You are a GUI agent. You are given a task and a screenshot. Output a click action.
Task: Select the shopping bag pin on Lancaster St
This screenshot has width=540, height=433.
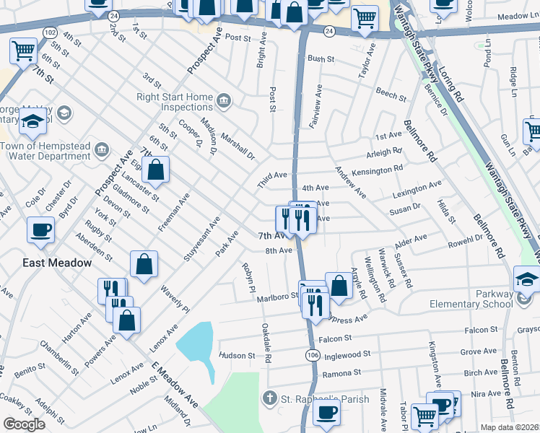coord(155,170)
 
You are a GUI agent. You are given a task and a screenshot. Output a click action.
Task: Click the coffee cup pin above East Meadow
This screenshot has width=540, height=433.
coord(40,230)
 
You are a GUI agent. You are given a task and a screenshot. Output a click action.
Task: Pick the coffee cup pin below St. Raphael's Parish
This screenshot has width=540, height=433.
coord(326,413)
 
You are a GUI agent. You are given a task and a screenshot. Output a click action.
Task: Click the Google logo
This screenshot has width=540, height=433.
coord(24,424)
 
